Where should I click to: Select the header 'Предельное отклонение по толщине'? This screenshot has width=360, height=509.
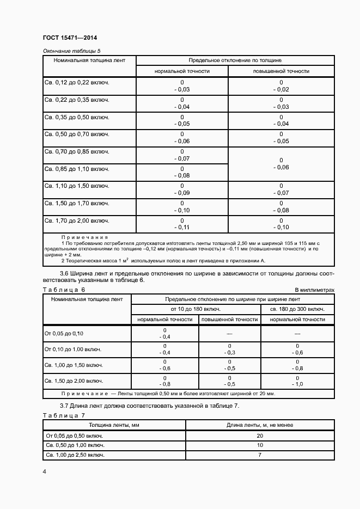pyautogui.click(x=235, y=60)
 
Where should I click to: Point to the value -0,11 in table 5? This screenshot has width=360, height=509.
pyautogui.click(x=181, y=227)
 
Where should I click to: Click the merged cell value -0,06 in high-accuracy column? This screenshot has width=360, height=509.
pyautogui.click(x=281, y=167)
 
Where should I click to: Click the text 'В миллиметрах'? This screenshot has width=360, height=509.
pyautogui.click(x=314, y=290)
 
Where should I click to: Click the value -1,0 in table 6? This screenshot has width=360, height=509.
pyautogui.click(x=297, y=384)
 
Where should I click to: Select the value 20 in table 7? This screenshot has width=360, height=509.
pyautogui.click(x=260, y=436)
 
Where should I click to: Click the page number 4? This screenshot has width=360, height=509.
pyautogui.click(x=44, y=470)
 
